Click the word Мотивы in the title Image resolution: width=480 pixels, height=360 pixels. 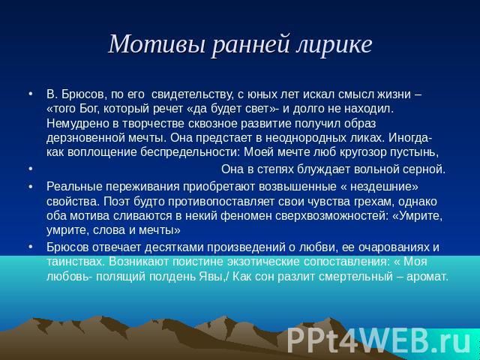tap(157, 44)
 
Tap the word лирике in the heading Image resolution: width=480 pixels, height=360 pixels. tap(334, 45)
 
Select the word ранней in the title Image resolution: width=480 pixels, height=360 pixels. tap(250, 45)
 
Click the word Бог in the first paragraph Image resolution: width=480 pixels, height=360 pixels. tap(89, 109)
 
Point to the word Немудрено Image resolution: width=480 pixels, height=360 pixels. tap(78, 123)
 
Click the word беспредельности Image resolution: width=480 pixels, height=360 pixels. tap(190, 152)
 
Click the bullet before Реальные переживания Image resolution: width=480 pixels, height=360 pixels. tap(30, 187)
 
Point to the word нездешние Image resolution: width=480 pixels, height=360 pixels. tap(382, 187)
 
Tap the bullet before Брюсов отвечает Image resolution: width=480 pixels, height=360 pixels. tap(30, 247)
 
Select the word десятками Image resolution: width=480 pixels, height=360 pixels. tap(174, 247)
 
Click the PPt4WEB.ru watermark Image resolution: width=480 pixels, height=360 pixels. tap(379, 340)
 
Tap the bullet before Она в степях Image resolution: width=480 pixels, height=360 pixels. tap(30, 169)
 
